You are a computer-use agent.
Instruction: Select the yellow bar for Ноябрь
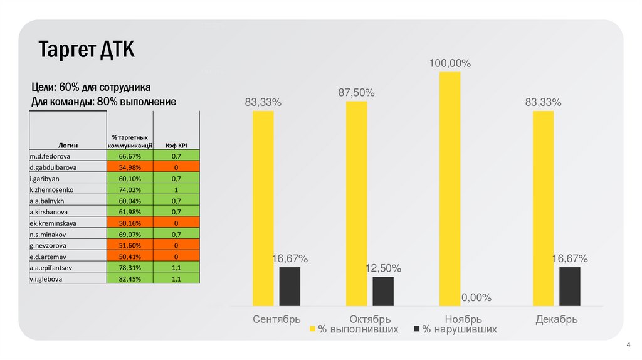[x=450, y=189]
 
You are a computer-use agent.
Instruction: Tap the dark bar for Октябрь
[x=383, y=291]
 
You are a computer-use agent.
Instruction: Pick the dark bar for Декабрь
[x=569, y=286]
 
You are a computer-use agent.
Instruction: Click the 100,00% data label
[x=450, y=63]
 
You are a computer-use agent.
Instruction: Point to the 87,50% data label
[x=357, y=93]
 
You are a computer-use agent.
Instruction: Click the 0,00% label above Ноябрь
[x=476, y=297]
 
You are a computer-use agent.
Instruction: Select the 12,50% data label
[x=383, y=268]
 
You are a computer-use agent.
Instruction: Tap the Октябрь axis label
[x=370, y=319]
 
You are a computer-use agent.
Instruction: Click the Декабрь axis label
[x=556, y=319]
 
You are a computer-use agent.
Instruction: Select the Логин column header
[x=68, y=144]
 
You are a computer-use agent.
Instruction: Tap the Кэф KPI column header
[x=177, y=144]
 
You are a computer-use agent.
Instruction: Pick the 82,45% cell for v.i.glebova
[x=130, y=279]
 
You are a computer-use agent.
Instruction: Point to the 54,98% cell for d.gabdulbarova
[x=130, y=167]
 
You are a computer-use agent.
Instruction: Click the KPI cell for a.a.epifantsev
[x=177, y=268]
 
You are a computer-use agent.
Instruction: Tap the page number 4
[x=628, y=345]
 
